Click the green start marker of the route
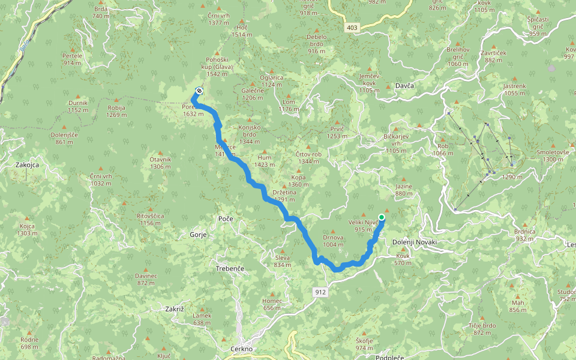[382, 217]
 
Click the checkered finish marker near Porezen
[199, 91]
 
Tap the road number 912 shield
[320, 292]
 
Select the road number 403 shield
[352, 28]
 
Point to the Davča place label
[405, 86]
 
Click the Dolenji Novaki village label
[415, 242]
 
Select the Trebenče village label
[230, 269]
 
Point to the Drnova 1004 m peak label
[333, 241]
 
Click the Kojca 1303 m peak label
[27, 229]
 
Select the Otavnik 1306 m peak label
[160, 163]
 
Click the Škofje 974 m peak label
[364, 344]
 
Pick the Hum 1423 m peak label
[265, 160]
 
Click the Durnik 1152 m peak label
[78, 106]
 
